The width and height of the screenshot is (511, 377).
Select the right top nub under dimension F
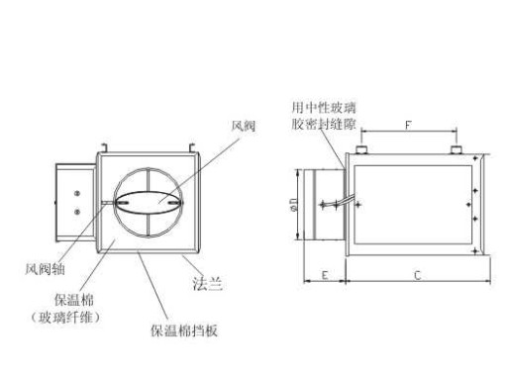tap(456, 150)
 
